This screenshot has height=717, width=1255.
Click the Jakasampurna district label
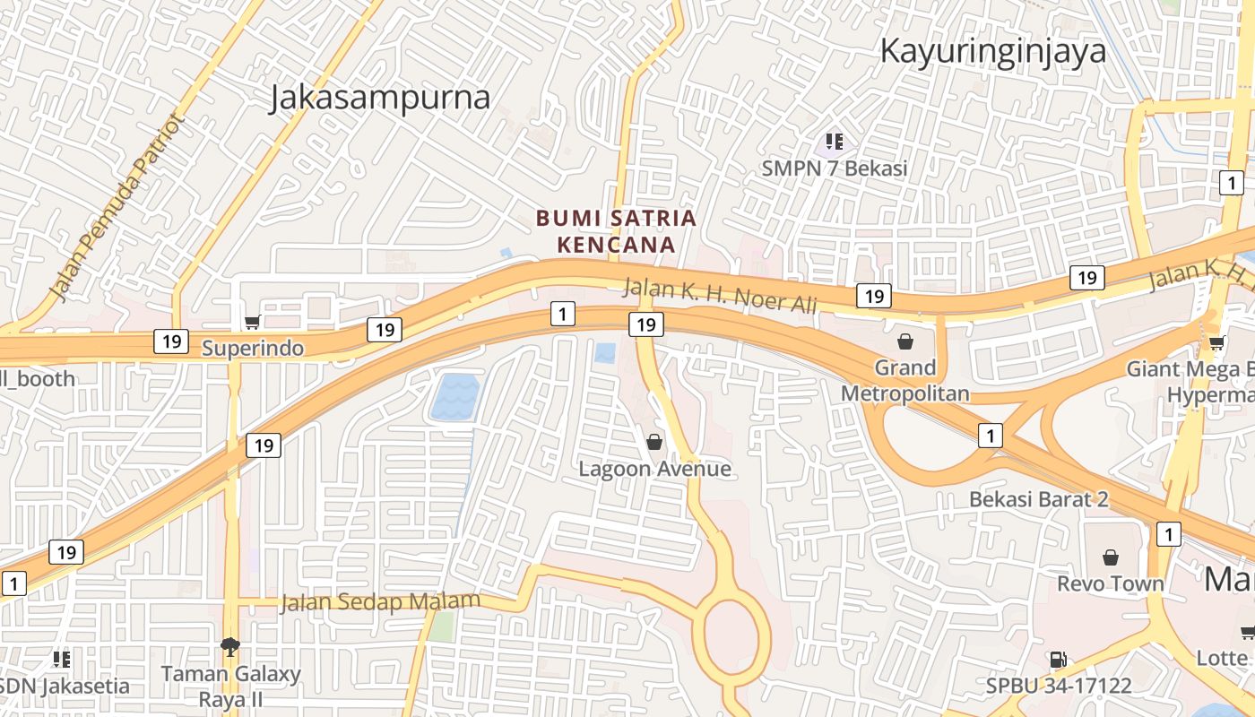click(x=380, y=98)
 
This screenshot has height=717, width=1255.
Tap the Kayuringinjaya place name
click(x=992, y=51)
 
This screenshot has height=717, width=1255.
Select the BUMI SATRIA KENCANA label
click(x=616, y=230)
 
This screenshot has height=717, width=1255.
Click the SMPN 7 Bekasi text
click(x=834, y=168)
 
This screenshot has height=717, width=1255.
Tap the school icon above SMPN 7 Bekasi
click(x=835, y=141)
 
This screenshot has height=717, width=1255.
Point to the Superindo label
click(x=253, y=347)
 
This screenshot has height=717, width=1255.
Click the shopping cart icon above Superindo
click(x=252, y=322)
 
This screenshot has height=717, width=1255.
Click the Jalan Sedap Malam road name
click(x=380, y=601)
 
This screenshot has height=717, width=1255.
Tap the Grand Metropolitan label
click(x=904, y=380)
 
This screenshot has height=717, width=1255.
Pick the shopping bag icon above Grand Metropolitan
click(x=904, y=341)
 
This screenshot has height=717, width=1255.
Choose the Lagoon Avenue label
click(x=654, y=468)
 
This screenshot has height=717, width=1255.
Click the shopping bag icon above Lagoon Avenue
click(x=654, y=441)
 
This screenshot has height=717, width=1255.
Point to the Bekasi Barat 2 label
click(x=1038, y=499)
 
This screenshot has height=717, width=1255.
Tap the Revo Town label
click(x=1110, y=583)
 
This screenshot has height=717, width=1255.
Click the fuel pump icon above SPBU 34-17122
click(x=1058, y=660)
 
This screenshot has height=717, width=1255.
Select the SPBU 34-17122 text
click(x=1058, y=686)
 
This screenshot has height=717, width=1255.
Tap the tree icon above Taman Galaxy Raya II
click(x=230, y=646)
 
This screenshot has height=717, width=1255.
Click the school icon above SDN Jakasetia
click(x=62, y=660)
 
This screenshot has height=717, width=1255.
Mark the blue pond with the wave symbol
click(x=455, y=397)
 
